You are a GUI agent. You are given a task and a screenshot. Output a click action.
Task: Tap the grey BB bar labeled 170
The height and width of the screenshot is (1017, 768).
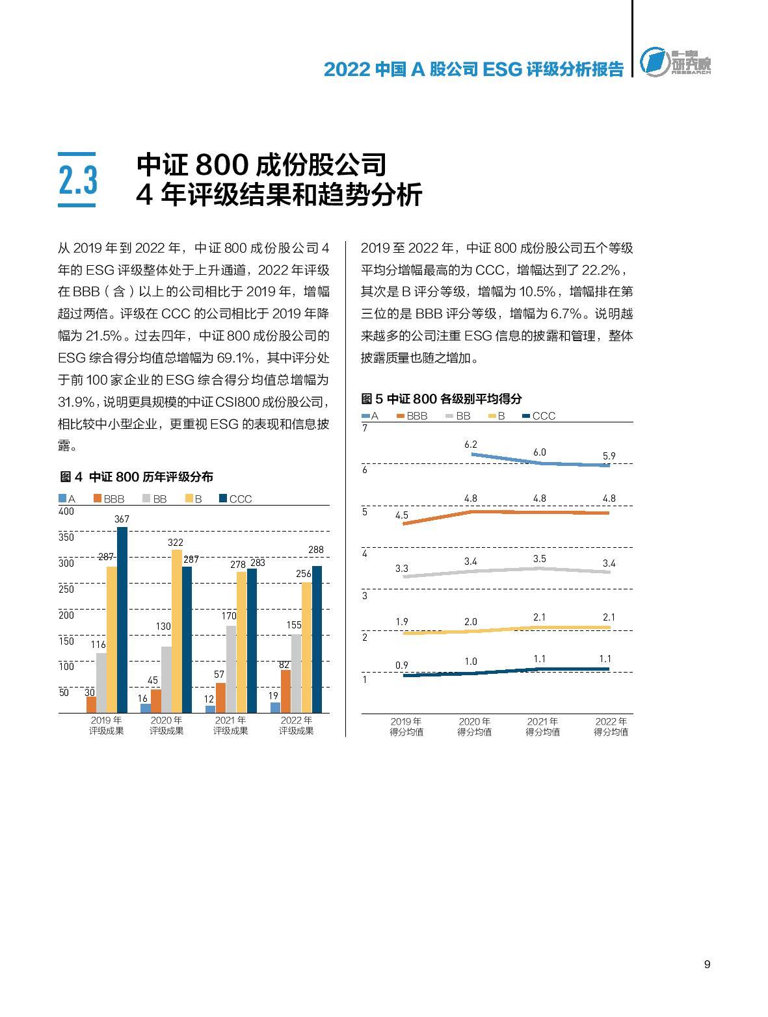tap(231, 669)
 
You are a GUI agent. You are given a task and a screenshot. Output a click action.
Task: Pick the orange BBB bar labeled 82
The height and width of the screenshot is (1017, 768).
tap(285, 691)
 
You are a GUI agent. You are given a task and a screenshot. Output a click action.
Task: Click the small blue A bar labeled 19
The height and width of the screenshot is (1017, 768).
tap(275, 707)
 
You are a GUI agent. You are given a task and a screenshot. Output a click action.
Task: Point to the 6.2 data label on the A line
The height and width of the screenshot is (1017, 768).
tap(471, 444)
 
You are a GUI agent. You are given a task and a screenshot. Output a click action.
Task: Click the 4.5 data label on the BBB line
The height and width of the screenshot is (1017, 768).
tap(402, 515)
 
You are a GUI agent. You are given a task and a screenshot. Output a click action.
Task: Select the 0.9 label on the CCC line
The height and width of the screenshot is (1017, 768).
tap(402, 665)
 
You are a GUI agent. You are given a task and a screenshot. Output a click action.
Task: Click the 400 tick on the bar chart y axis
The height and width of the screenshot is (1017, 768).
tap(66, 511)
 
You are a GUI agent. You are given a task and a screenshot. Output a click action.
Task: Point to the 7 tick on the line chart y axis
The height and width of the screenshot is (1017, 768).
tap(365, 428)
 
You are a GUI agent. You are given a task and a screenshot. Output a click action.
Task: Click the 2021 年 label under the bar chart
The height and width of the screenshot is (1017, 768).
tap(231, 720)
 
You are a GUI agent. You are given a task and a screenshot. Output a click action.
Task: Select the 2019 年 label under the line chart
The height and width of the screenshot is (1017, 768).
tap(406, 721)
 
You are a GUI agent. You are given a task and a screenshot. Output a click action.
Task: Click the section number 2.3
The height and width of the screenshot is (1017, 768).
tap(77, 180)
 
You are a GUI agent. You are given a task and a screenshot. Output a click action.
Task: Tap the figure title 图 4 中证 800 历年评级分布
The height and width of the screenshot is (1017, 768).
tap(137, 477)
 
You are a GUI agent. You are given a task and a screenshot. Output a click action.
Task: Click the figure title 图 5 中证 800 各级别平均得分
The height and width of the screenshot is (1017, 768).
tap(442, 398)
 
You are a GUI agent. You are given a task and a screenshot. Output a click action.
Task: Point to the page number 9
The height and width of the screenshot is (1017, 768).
tap(707, 964)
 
